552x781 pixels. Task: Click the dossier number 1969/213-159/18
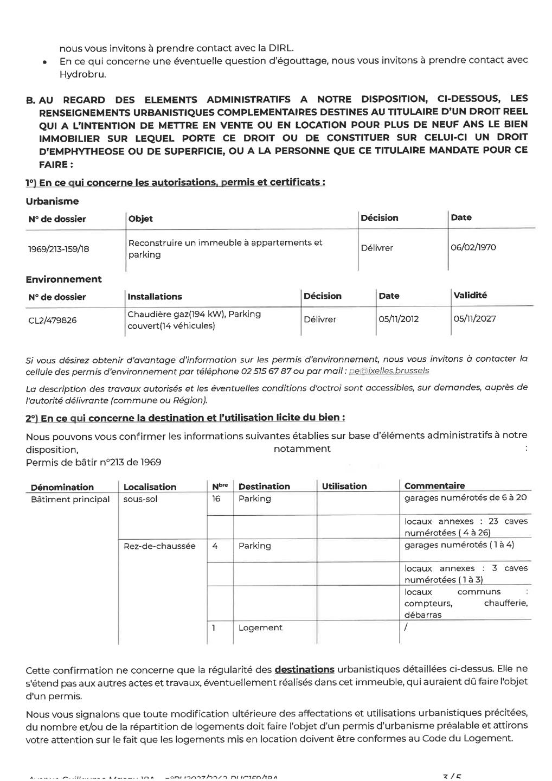[59, 249]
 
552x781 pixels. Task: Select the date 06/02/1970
[473, 247]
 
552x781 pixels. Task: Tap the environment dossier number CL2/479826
[52, 320]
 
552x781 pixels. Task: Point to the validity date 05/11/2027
[474, 318]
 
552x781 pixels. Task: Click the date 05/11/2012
[399, 319]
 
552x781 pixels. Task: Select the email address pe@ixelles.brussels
[389, 371]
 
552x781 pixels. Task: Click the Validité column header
[470, 295]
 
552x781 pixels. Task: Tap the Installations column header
[155, 297]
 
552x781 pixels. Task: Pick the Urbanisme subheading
[52, 201]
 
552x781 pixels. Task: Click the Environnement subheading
[63, 279]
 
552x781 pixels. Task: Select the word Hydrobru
[82, 74]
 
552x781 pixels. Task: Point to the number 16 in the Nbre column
[216, 498]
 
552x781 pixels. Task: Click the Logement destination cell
[260, 628]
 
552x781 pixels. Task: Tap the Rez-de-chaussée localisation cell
[159, 546]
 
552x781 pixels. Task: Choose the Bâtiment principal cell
[70, 499]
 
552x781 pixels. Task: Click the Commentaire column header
[434, 485]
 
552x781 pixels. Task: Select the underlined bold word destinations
[304, 670]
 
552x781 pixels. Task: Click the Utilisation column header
[344, 486]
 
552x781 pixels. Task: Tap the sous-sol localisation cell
[140, 499]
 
